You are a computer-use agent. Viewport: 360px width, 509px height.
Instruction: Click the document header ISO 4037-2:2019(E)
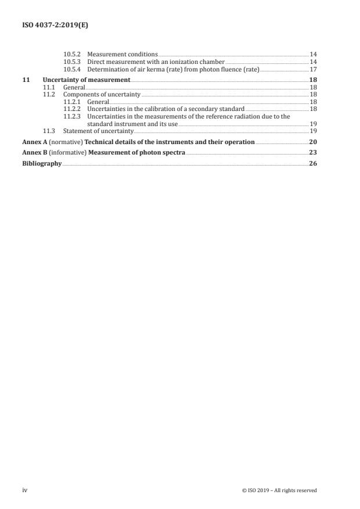[51, 25]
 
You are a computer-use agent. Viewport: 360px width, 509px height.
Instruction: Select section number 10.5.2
[73, 54]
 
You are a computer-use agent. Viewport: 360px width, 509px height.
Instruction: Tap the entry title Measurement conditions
[123, 54]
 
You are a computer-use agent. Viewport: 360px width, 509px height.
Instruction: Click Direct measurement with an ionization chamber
[156, 61]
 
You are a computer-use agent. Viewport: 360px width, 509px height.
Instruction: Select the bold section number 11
[25, 79]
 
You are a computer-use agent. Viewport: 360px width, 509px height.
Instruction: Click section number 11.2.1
[73, 101]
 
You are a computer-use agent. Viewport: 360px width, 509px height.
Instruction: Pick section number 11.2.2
[73, 109]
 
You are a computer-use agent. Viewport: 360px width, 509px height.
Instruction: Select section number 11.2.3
[73, 116]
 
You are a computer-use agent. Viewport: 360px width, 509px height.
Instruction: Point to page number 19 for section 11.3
[313, 131]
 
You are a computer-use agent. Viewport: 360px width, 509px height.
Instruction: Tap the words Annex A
[32, 142]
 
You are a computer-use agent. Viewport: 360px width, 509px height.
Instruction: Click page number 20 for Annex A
[313, 142]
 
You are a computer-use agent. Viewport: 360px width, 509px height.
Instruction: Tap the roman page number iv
[25, 490]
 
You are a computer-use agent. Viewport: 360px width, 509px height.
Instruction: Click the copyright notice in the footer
[279, 490]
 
